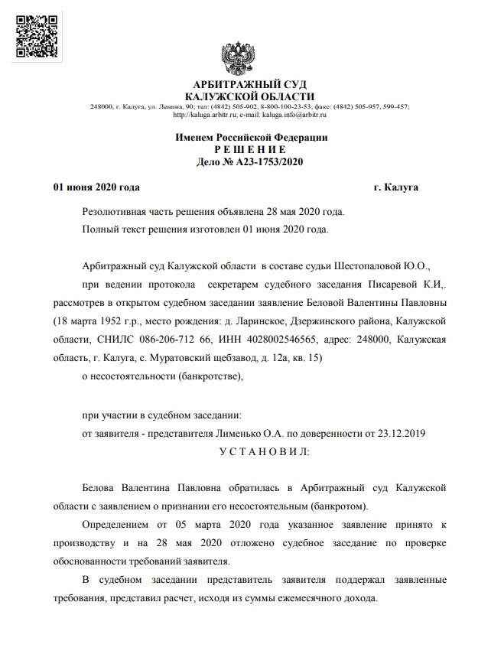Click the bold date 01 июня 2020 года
pos(96,187)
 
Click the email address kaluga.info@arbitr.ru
pos(294,115)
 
